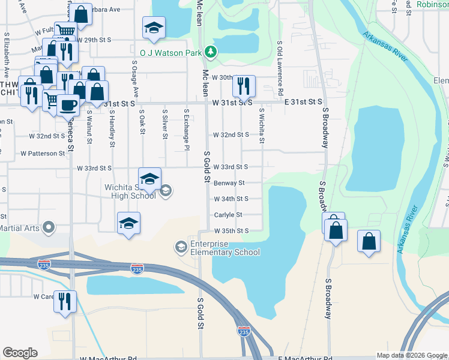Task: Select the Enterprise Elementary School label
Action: [x=225, y=248]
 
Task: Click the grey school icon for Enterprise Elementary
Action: [x=181, y=247]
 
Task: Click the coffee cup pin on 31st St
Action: [x=68, y=105]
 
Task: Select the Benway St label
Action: [x=229, y=183]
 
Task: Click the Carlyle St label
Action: [x=228, y=215]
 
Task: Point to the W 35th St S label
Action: [x=231, y=230]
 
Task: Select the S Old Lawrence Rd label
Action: [x=280, y=66]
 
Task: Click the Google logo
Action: [x=20, y=353]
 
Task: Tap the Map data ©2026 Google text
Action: [x=411, y=355]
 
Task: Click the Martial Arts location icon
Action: [x=49, y=227]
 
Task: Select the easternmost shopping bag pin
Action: [x=369, y=242]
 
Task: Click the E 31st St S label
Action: [x=303, y=103]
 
